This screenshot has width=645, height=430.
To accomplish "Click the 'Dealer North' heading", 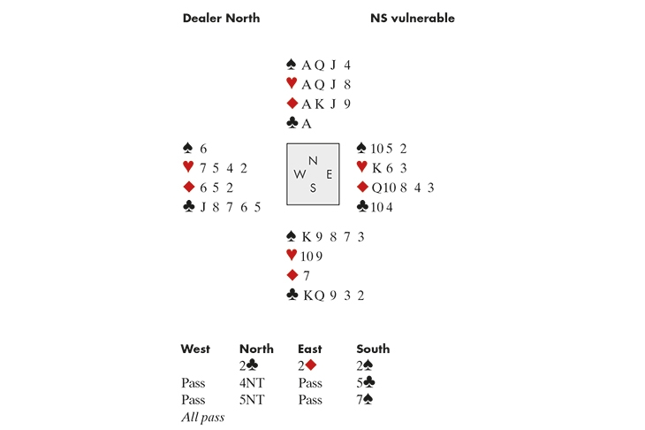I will pos(220,18).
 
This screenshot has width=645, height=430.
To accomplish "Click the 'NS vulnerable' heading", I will pos(412,18).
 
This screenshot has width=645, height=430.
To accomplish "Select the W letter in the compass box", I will pos(300,174).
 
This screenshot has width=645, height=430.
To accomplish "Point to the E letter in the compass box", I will pos(329,174).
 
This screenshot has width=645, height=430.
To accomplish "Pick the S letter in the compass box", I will pos(313,188).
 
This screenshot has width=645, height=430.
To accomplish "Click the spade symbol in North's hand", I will pos(292,64).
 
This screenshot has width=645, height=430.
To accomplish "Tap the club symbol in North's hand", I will pos(292,124).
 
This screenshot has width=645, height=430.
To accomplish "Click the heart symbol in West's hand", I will pos(187,167).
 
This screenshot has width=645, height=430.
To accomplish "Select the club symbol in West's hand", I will pos(187,207).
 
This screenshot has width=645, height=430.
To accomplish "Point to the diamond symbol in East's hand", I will pos(361,187).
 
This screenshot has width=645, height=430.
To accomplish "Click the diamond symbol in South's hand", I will pos(292,275).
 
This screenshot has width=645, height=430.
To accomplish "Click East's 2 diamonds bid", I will pos(308,365).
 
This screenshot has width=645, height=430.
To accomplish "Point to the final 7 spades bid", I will pos(367,400).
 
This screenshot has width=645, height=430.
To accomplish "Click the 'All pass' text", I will pos(202,417).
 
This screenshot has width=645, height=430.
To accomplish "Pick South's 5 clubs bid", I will pos(367,383).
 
